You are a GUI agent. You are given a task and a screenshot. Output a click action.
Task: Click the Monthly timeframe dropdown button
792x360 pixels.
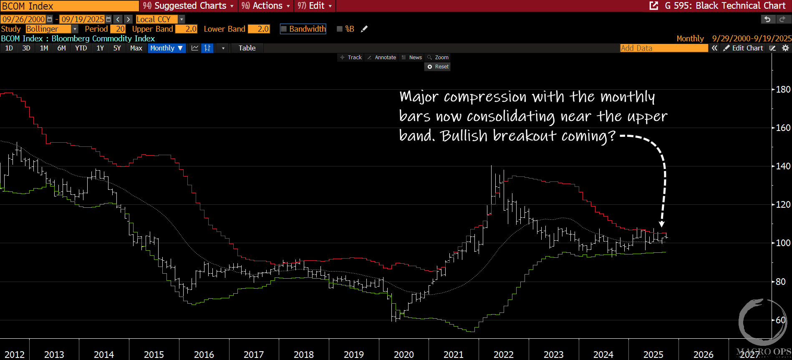[x=166, y=48]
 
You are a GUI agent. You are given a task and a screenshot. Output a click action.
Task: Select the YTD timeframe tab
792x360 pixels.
[x=81, y=48]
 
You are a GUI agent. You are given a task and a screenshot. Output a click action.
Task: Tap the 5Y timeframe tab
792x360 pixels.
[x=117, y=48]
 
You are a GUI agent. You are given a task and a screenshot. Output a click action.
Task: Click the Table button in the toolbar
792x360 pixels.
[x=247, y=48]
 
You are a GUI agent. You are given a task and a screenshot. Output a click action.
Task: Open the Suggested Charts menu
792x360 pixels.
[x=188, y=6]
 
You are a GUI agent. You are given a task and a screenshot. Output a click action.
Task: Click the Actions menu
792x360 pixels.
[x=265, y=6]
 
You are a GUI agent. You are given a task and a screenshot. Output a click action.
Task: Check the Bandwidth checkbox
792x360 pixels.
[x=284, y=29]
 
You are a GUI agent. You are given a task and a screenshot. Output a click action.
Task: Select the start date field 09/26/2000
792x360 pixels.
[x=24, y=19]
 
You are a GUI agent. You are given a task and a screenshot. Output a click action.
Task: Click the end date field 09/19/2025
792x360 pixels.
[x=83, y=19]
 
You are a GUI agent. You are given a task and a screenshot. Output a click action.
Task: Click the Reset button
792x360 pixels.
[x=438, y=67]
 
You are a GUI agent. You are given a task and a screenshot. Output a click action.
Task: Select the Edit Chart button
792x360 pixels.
[x=744, y=48]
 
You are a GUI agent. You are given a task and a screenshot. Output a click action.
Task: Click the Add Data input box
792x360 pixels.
[x=663, y=48]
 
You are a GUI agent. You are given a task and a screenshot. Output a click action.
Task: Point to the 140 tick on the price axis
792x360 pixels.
[x=783, y=166]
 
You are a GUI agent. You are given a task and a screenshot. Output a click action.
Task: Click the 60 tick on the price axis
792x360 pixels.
[x=780, y=320]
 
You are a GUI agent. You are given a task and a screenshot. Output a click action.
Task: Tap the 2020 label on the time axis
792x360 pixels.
[x=404, y=355]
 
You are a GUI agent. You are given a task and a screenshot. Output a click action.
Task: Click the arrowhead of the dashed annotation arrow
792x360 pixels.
[x=661, y=224]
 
